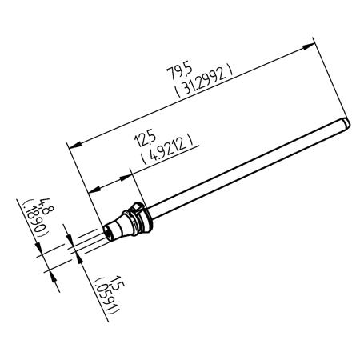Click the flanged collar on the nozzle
[x=139, y=215]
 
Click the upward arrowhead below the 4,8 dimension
[x=53, y=276]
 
